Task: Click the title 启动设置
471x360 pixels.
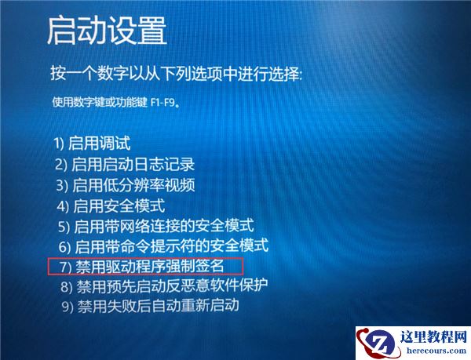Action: click(107, 31)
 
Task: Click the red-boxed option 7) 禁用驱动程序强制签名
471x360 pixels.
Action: click(146, 266)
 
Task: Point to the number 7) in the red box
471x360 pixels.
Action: click(65, 267)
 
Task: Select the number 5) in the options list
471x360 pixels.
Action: click(64, 227)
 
